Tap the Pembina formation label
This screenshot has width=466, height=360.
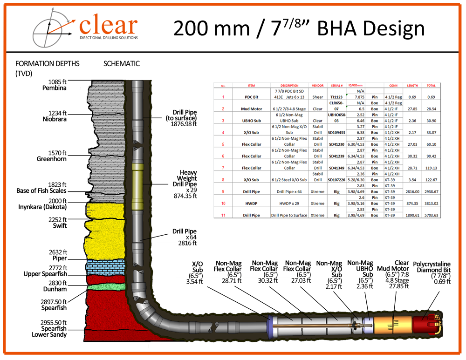[x=55, y=85]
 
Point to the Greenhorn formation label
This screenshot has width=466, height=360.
[x=52, y=156]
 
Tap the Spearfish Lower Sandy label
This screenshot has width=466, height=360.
[x=49, y=331]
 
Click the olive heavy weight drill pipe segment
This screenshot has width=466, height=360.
[x=138, y=187]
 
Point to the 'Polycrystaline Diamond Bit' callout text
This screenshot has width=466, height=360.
[x=432, y=272]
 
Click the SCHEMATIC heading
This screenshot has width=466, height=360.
[x=121, y=64]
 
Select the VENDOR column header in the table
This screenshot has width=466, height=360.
[x=317, y=86]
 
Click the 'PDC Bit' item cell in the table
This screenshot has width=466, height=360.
[x=252, y=97]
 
